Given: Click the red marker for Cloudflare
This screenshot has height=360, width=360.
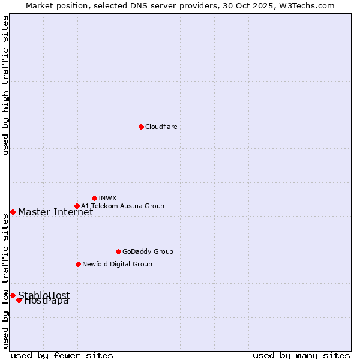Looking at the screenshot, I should [x=141, y=127].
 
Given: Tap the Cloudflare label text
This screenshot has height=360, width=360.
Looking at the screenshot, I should [x=161, y=127].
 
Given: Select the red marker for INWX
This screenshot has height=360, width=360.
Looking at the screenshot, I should [x=94, y=198].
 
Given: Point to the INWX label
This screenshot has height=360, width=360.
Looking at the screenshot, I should [x=107, y=198].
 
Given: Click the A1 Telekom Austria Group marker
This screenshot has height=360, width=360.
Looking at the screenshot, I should [x=77, y=206].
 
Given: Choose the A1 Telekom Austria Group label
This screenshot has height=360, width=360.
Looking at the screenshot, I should [x=122, y=206].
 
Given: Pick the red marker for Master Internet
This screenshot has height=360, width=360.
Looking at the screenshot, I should [x=13, y=212].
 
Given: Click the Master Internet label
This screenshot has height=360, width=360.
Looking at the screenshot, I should [x=55, y=212].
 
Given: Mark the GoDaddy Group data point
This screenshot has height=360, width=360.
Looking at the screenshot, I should [x=118, y=251].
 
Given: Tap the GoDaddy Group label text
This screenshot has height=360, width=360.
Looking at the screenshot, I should [x=148, y=251].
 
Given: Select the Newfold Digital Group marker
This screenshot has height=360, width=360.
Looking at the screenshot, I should [x=78, y=264].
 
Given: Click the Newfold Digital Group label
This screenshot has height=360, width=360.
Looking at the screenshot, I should [x=117, y=264].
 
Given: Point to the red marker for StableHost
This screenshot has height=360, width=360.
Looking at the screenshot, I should [x=13, y=295].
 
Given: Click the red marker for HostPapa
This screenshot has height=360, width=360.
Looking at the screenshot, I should [x=19, y=300].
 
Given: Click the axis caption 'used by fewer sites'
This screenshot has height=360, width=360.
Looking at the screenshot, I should [x=62, y=355].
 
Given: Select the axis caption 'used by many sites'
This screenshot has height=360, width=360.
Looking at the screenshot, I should [x=301, y=355].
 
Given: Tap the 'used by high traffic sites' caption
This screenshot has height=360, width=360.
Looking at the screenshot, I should [x=5, y=86].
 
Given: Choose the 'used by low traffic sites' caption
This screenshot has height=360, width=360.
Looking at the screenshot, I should [x=5, y=280].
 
